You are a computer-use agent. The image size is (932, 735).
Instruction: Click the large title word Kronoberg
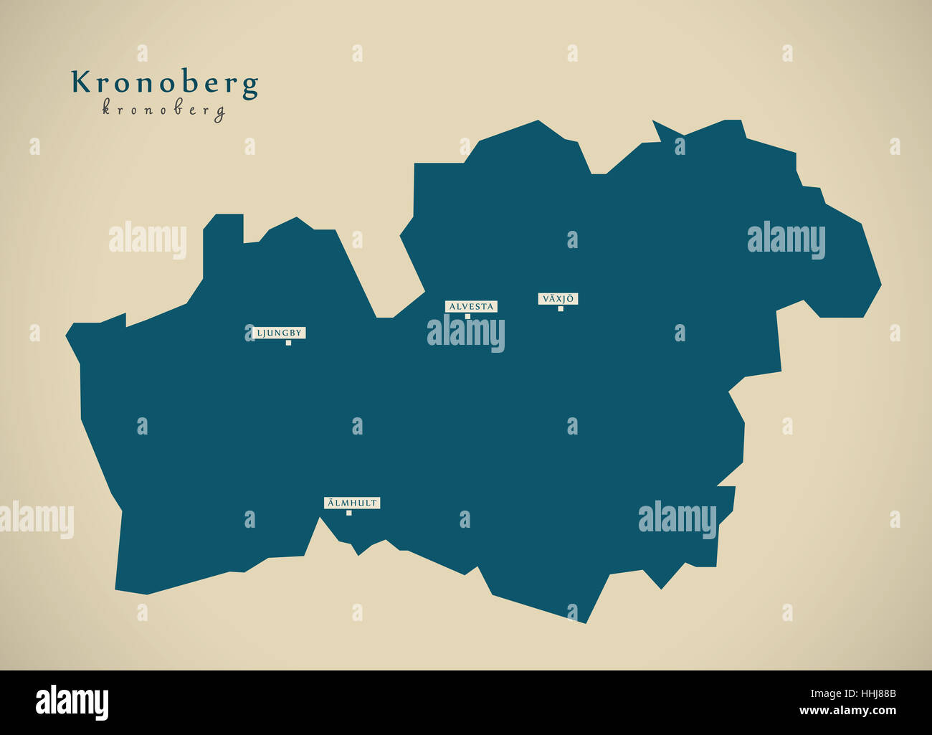164,84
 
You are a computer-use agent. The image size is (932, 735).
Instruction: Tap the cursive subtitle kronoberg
163,110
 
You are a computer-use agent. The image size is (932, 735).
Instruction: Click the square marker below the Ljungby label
288,343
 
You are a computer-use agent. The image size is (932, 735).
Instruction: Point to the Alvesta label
471,306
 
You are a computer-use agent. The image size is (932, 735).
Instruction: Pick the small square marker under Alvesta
467,316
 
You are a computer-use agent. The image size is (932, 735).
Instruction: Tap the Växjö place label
558,298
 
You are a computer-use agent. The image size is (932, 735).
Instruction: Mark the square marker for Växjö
561,309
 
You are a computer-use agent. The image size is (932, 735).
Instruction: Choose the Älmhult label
352,503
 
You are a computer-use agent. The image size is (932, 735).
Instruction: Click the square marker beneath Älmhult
349,513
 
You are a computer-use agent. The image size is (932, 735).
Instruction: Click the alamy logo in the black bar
72,702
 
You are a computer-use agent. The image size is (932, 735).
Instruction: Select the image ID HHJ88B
870,693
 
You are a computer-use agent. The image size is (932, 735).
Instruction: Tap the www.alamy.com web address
847,711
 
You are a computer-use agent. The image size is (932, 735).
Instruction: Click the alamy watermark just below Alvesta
466,333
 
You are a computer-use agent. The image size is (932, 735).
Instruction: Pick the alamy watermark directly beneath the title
148,241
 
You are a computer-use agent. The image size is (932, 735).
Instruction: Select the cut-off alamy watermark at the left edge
36,520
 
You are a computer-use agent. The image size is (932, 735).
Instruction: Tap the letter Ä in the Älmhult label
331,503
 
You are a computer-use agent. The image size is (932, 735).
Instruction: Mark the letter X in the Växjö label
558,298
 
